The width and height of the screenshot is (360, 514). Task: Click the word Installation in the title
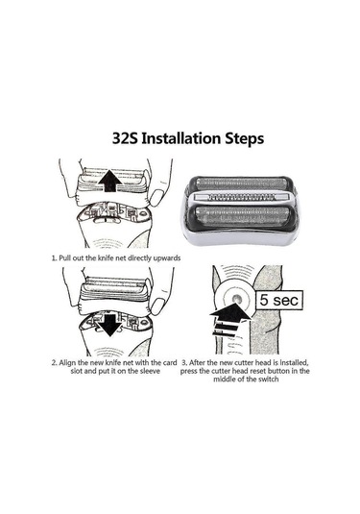[x=182, y=138]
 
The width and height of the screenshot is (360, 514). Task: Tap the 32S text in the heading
[x=125, y=138]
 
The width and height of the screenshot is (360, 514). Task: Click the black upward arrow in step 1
[x=110, y=181]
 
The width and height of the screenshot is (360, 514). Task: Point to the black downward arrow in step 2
[x=109, y=325]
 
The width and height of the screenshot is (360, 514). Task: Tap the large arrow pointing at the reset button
[x=230, y=319]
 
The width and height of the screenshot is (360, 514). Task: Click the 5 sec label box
[x=279, y=300]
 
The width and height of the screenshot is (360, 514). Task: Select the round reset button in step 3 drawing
[x=236, y=299]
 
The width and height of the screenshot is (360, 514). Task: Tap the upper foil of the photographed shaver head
[x=241, y=184]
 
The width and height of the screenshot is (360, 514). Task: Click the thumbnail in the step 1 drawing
[x=157, y=197]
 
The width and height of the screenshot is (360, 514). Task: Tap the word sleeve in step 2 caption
[x=150, y=371]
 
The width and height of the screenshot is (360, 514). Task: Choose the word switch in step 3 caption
[x=268, y=379]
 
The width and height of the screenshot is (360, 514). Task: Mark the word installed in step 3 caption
[x=294, y=363]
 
